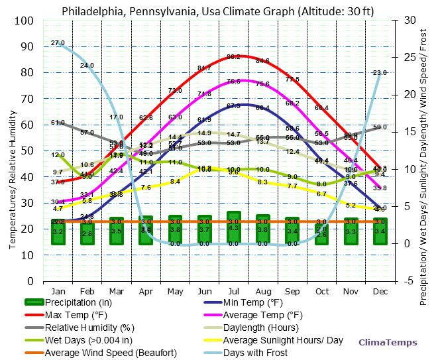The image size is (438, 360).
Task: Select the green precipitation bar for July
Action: [234, 228]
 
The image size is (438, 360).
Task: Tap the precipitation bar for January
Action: [58, 231]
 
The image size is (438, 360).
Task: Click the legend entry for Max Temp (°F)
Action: [76, 314]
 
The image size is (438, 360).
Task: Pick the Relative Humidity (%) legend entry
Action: [89, 328]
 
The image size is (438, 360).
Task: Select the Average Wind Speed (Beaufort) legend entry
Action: [110, 352]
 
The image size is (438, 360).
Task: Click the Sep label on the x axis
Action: [292, 291]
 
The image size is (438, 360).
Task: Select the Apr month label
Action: [146, 291]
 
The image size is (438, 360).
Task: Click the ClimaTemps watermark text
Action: [388, 343]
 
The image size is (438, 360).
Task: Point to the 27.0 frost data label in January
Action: [58, 43]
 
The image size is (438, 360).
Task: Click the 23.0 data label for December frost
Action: [380, 73]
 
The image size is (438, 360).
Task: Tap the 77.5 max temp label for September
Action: [292, 80]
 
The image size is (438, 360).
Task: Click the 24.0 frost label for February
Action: [87, 66]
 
